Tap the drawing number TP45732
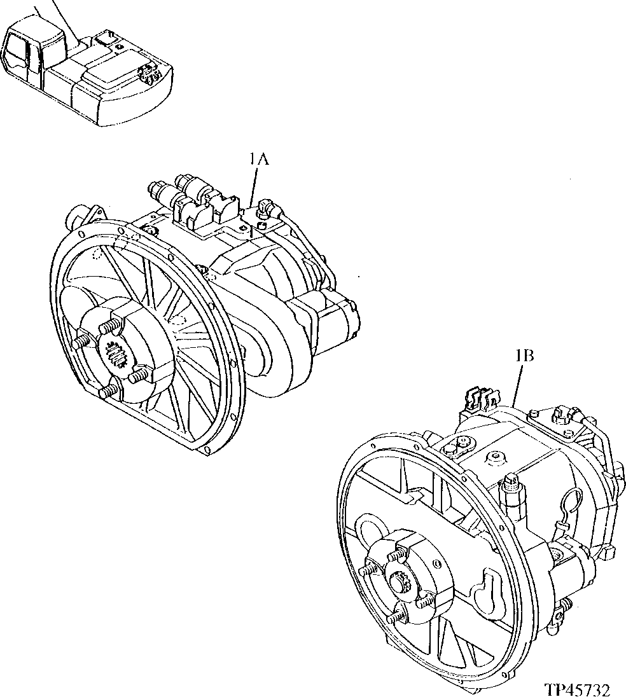pos(577,689)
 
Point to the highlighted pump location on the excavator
pos(150,76)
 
